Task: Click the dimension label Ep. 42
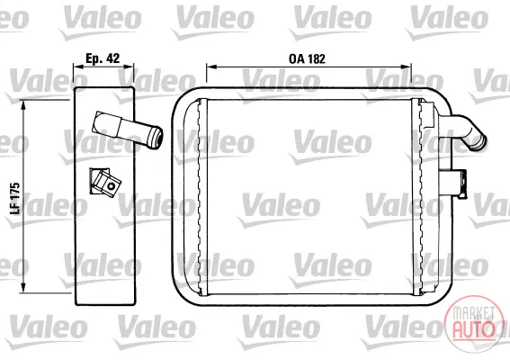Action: pyautogui.click(x=103, y=58)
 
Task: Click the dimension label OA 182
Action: pyautogui.click(x=307, y=58)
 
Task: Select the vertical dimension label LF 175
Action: pyautogui.click(x=15, y=199)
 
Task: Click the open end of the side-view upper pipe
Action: pyautogui.click(x=157, y=138)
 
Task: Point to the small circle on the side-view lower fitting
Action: pyautogui.click(x=112, y=186)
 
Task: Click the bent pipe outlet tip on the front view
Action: pyautogui.click(x=480, y=142)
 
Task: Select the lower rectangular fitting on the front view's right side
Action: pyautogui.click(x=453, y=183)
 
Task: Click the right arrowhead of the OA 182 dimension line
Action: pyautogui.click(x=407, y=67)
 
